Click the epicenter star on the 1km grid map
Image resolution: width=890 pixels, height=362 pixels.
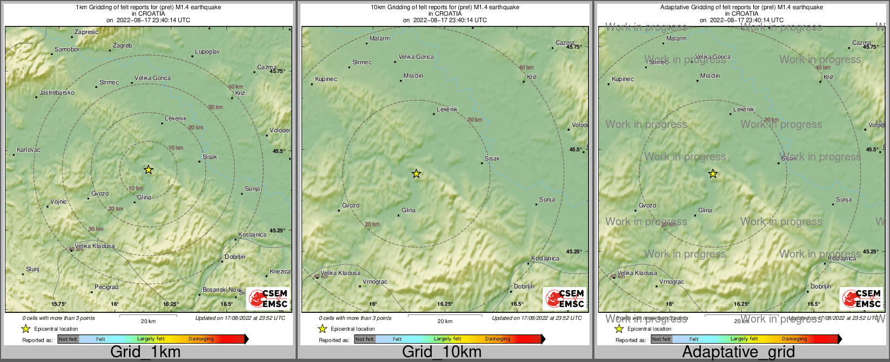[x=149, y=170]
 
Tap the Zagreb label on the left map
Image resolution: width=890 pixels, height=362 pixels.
[x=122, y=46]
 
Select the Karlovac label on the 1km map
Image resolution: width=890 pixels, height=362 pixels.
[x=29, y=150]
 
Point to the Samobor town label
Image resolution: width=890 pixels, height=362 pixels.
[x=67, y=50]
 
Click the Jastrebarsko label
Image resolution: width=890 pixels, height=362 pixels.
[x=57, y=92]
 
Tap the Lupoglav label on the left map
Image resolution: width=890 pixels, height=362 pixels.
[x=207, y=52]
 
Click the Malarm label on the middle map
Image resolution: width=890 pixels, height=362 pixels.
[x=379, y=39]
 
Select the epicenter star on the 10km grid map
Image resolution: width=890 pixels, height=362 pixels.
[x=416, y=173]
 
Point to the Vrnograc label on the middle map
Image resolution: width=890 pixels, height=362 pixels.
[x=374, y=281]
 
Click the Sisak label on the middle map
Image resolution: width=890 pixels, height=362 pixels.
[x=492, y=158]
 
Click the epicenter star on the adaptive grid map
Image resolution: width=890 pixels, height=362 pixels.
[x=713, y=173]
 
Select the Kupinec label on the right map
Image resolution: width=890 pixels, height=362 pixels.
[x=623, y=79]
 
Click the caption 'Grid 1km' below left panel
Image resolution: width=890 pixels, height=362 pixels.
[x=145, y=352]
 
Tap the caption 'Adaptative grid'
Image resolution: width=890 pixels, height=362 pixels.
[x=738, y=352]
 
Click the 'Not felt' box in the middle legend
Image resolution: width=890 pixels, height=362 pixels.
[x=364, y=339]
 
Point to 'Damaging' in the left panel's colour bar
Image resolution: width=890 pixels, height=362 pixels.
[x=201, y=339]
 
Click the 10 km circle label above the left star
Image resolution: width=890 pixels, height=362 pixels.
[x=176, y=148]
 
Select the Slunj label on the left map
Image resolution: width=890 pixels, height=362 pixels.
[x=32, y=269]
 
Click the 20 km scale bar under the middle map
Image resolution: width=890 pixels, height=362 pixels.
[x=445, y=316]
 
